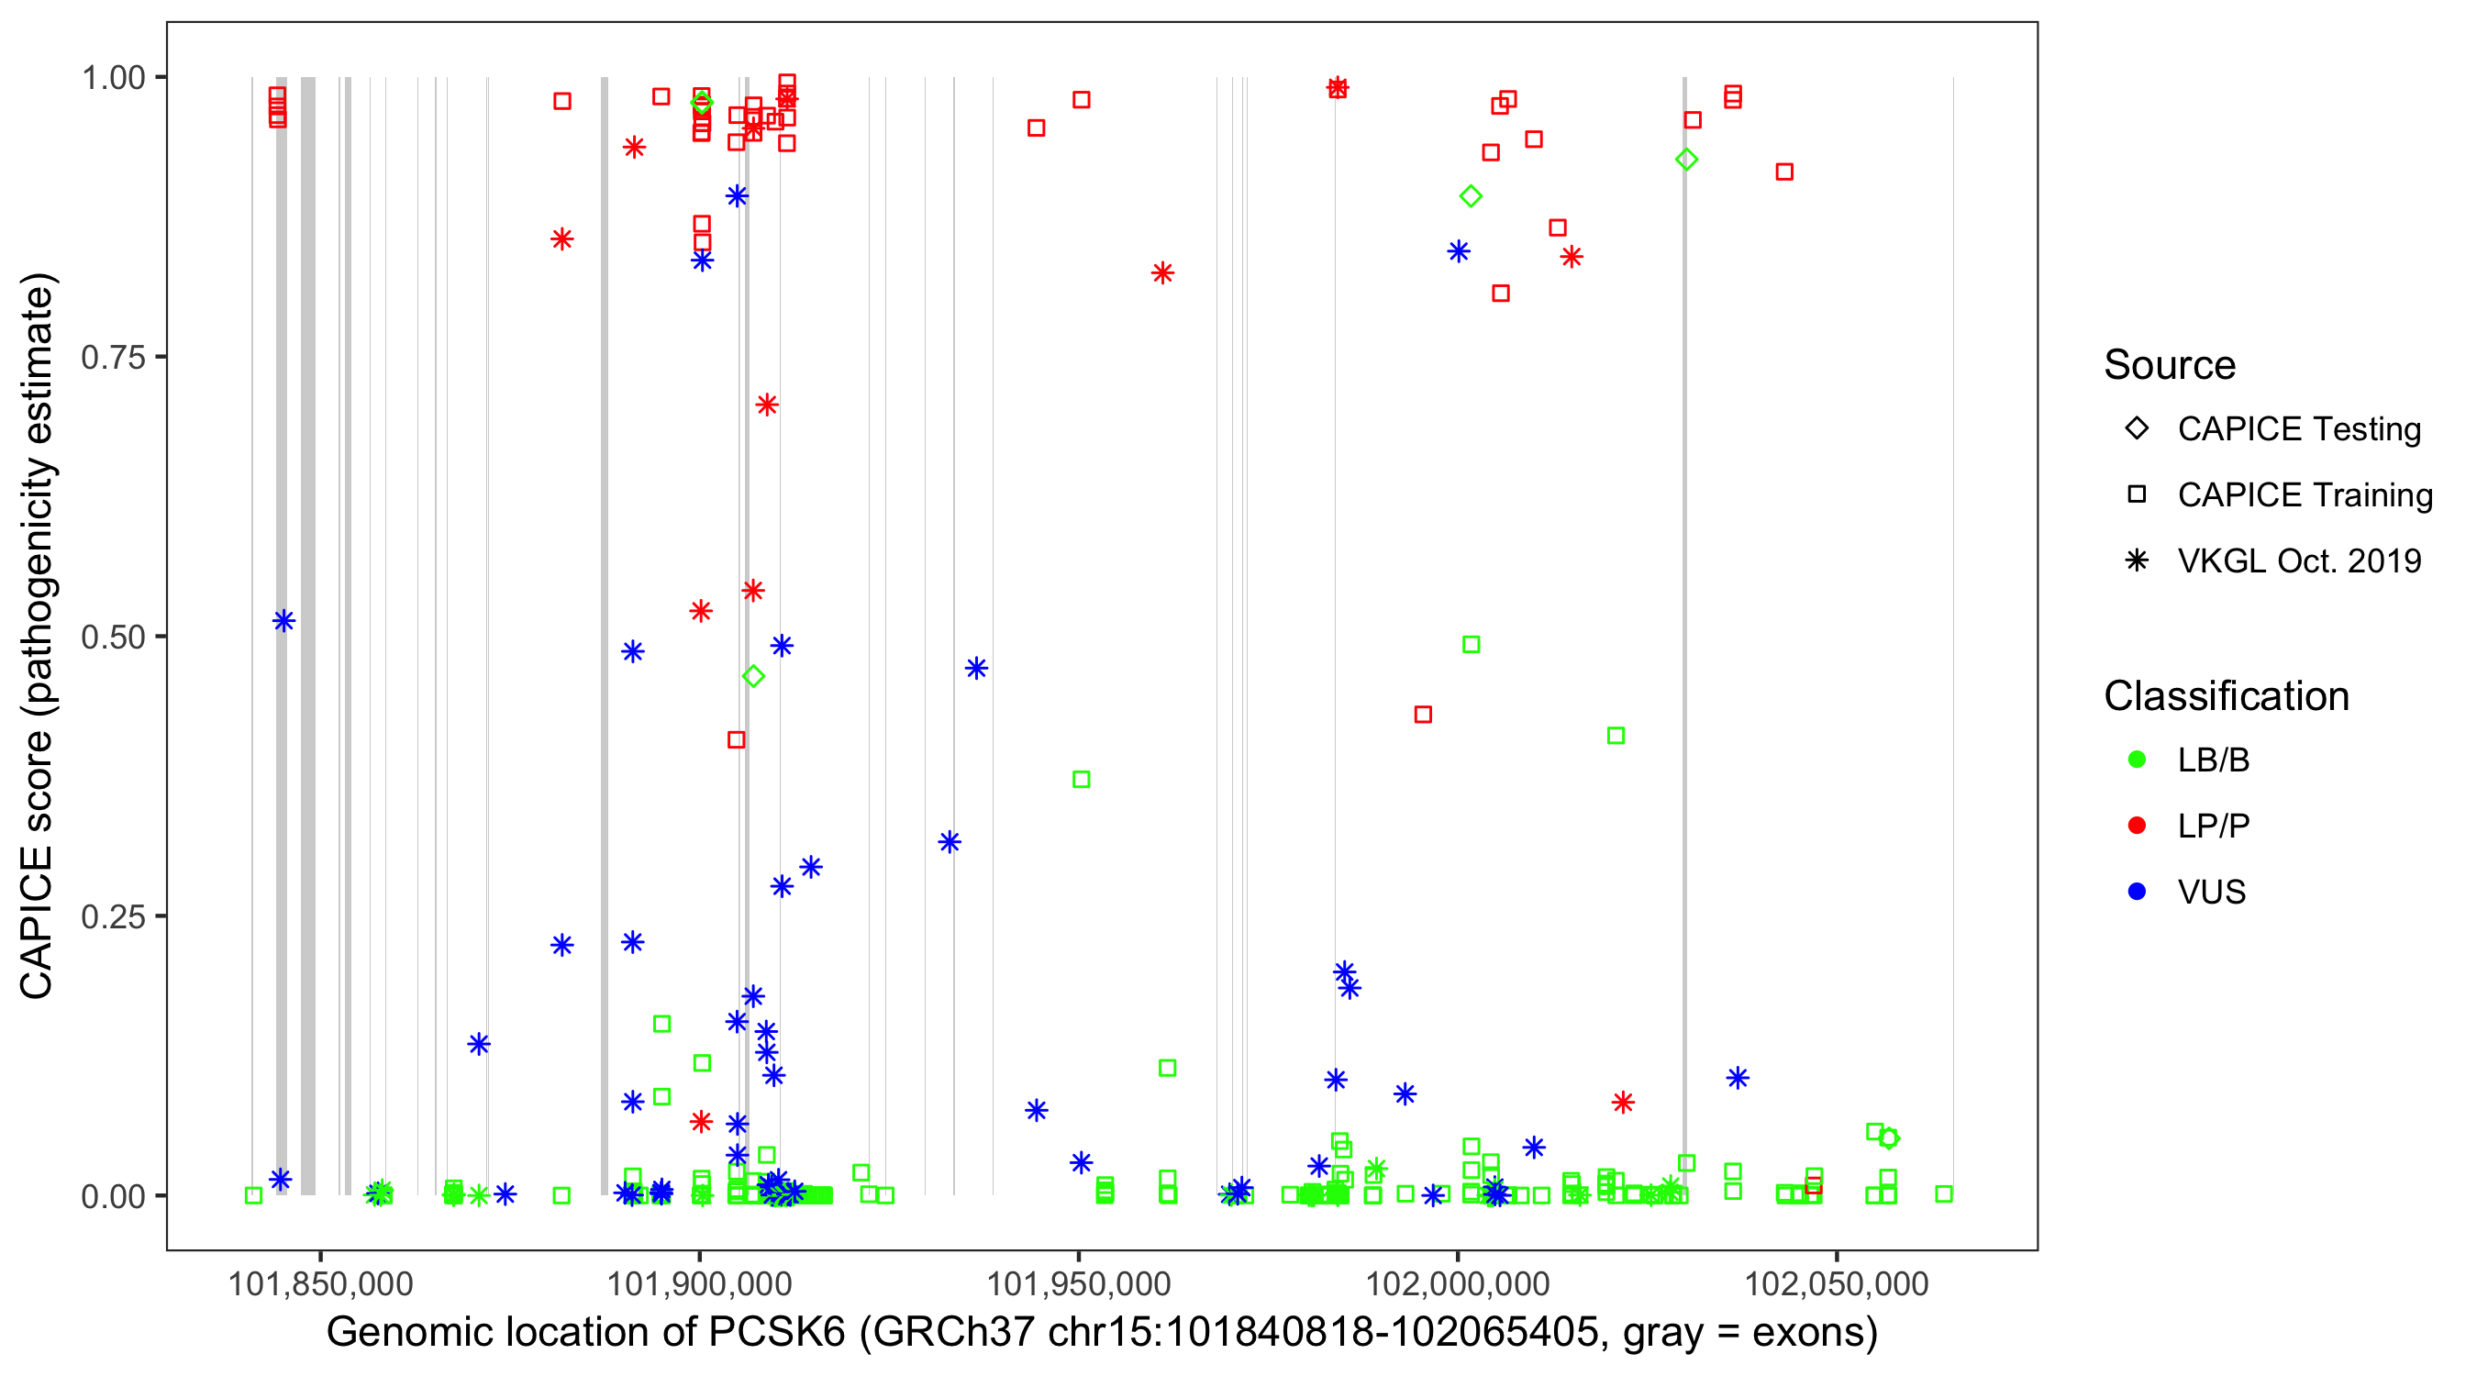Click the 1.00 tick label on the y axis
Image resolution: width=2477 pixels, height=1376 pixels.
pyautogui.click(x=113, y=77)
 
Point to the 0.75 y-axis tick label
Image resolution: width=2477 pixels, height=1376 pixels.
pyautogui.click(x=113, y=357)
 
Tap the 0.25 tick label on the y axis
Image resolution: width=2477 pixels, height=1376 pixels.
pyautogui.click(x=113, y=916)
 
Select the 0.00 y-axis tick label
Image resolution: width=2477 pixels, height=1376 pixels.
pyautogui.click(x=113, y=1196)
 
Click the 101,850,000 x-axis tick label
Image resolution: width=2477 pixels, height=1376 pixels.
pyautogui.click(x=320, y=1283)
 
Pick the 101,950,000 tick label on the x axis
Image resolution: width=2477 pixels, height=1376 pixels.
pyautogui.click(x=1079, y=1283)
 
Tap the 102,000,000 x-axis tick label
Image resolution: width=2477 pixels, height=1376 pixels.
pyautogui.click(x=1458, y=1283)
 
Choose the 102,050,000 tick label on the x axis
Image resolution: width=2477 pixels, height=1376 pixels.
pyautogui.click(x=1837, y=1283)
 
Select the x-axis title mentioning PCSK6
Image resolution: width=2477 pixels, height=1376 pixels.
pyautogui.click(x=1102, y=1333)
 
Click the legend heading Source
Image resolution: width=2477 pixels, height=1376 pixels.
pyautogui.click(x=2170, y=365)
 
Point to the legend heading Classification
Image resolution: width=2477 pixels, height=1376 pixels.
pyautogui.click(x=2226, y=696)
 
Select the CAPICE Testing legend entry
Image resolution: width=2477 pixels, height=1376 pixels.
pyautogui.click(x=2298, y=429)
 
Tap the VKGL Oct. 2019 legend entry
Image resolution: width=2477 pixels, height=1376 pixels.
pyautogui.click(x=2298, y=560)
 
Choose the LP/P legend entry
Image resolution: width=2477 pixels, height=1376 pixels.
pyautogui.click(x=2213, y=826)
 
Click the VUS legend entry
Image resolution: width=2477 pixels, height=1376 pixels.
pyautogui.click(x=2211, y=893)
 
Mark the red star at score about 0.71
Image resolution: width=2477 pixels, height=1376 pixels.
pyautogui.click(x=766, y=405)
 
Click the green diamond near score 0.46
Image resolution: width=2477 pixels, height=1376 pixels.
pyautogui.click(x=754, y=677)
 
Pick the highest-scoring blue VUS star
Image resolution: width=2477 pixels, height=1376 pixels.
pyautogui.click(x=738, y=196)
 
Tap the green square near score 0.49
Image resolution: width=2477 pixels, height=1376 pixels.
pyautogui.click(x=1472, y=644)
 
